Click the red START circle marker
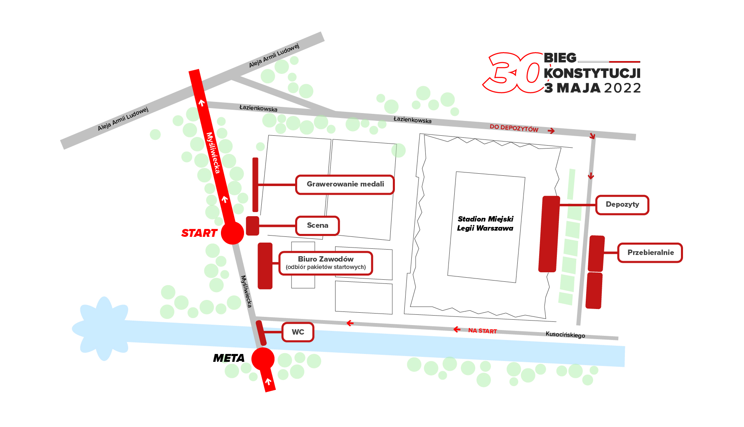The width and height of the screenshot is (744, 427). tap(232, 233)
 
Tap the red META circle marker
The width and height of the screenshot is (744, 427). tap(263, 359)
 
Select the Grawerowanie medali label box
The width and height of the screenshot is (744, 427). tap(345, 184)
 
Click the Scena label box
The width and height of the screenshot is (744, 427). tap(317, 226)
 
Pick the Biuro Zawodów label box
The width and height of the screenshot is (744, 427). tap(326, 263)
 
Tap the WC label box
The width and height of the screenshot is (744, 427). tap(298, 332)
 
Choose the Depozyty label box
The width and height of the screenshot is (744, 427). tap(622, 205)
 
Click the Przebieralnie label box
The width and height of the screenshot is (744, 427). tap(650, 252)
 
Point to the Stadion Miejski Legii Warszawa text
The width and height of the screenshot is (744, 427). tap(485, 224)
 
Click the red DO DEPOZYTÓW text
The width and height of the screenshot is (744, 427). tap(514, 128)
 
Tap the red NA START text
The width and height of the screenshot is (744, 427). tap(482, 331)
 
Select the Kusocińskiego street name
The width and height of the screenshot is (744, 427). tap(565, 335)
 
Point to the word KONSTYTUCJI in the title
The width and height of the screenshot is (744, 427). tap(592, 73)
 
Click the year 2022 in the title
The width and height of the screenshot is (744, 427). tap(622, 88)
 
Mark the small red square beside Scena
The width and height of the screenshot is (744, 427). tap(253, 226)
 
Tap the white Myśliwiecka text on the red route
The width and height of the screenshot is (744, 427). tap(213, 153)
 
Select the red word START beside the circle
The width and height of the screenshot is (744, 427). tap(199, 234)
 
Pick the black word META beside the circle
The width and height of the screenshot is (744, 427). tap(229, 359)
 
